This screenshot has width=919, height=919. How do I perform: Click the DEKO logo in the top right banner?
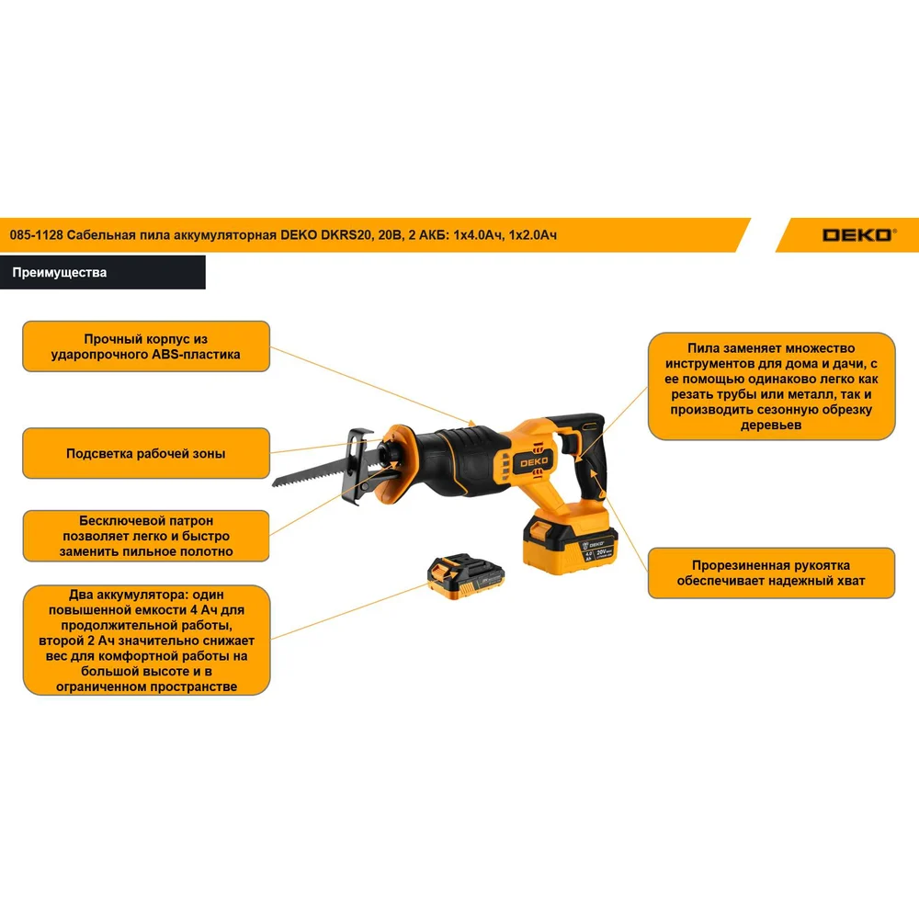point(858,235)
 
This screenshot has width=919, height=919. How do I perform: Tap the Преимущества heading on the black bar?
point(59,273)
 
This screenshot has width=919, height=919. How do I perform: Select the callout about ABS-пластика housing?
point(146,346)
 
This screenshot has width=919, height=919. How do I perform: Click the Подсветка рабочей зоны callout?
point(146,453)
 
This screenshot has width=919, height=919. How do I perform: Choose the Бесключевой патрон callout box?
point(146,536)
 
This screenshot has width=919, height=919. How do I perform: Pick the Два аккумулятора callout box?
point(146,640)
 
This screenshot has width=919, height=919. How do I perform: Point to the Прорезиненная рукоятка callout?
point(771,573)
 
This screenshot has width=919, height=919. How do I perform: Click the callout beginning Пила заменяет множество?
point(771,386)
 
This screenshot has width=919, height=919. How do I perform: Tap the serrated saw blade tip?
point(274,484)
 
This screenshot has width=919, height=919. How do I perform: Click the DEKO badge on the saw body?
point(534,462)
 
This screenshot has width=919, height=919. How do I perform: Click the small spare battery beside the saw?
point(466,575)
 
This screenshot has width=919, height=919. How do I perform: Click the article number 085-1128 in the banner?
point(37,235)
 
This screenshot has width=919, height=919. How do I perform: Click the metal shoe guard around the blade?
point(357,465)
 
